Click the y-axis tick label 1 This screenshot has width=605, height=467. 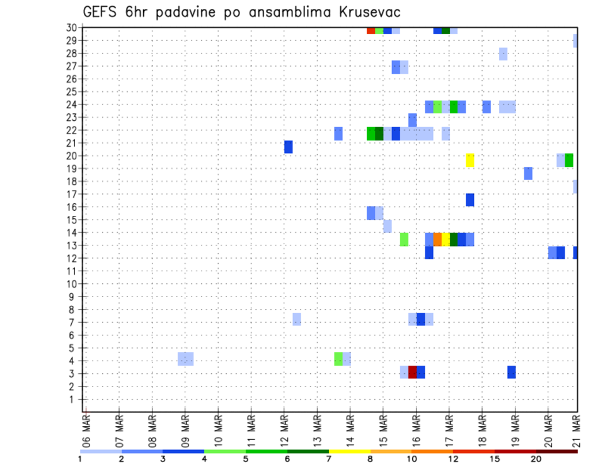point(74,399)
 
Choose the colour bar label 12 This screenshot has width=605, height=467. point(454,459)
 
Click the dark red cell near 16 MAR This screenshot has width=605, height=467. point(413,372)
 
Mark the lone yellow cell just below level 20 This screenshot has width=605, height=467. point(470,160)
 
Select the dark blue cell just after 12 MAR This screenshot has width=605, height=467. point(289,147)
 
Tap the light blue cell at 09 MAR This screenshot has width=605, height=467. point(185,359)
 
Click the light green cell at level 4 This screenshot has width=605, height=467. point(338,359)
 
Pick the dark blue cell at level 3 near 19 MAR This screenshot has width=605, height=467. point(512,372)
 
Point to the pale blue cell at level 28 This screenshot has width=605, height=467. point(503,53)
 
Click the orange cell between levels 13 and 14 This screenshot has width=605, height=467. point(437,239)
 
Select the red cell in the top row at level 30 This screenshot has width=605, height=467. point(371,30)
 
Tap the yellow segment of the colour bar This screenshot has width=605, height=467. point(350,451)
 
